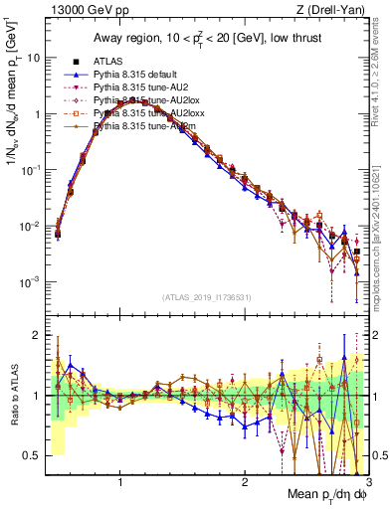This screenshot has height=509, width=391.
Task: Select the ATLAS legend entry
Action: [x=120, y=62]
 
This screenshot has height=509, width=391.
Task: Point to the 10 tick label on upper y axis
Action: [x=33, y=58]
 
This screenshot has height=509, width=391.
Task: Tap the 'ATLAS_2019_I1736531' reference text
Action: [x=206, y=297]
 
